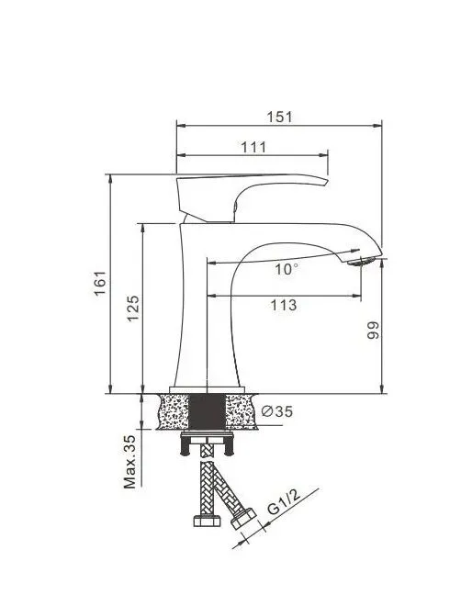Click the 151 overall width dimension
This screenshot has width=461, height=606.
click(x=280, y=117)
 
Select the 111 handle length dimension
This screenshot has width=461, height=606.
click(x=253, y=147)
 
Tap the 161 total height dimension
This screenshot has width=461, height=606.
click(x=100, y=283)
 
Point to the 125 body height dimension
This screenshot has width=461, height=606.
click(x=132, y=308)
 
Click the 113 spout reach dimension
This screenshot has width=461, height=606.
click(x=283, y=305)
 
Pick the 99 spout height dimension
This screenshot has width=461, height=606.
click(x=373, y=331)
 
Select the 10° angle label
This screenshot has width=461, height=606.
click(x=286, y=269)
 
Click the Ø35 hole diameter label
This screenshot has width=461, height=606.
click(x=277, y=411)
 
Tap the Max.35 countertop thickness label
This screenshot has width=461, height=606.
click(x=129, y=462)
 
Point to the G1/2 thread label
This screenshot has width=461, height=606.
click(x=284, y=501)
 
